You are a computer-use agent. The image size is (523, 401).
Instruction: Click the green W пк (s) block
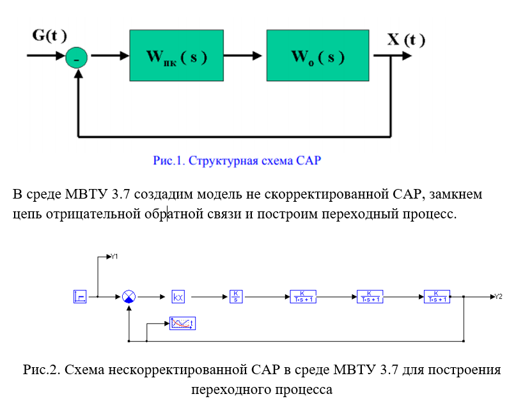(176, 56)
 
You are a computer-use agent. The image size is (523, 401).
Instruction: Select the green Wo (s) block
(318, 56)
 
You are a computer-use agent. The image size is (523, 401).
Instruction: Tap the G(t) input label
(49, 35)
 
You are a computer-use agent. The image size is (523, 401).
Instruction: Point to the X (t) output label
(405, 40)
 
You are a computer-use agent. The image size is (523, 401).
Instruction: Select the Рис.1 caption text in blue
(237, 161)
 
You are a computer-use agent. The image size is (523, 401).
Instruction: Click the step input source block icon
(80, 296)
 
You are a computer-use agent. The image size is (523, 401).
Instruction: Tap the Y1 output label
(114, 257)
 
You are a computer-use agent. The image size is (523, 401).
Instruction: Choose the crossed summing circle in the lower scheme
(129, 296)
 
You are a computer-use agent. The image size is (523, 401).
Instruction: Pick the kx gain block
(178, 296)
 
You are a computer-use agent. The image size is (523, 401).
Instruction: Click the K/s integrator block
(236, 296)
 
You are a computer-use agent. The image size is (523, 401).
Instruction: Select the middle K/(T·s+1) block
(370, 296)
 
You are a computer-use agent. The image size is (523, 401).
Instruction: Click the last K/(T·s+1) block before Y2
(436, 296)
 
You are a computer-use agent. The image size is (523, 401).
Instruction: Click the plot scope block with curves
(182, 324)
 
